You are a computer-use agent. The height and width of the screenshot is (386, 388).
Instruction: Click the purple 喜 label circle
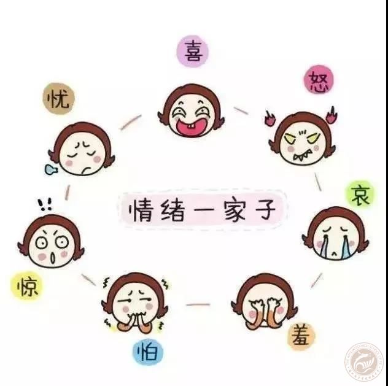[193, 51]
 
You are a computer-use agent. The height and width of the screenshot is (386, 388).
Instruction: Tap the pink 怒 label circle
[319, 80]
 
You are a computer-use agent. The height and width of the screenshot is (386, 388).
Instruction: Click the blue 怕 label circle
[148, 352]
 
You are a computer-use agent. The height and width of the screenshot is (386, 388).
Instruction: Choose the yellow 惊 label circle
[27, 285]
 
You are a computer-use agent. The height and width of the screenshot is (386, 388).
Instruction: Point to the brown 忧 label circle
[58, 98]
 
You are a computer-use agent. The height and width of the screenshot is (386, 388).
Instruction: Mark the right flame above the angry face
[331, 115]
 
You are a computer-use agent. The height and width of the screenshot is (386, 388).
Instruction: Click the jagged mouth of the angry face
[301, 156]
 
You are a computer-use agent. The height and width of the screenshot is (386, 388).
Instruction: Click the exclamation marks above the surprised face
[45, 204]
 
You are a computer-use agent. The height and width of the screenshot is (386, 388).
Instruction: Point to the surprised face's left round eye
[41, 243]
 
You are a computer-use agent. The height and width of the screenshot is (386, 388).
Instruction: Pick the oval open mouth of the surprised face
[53, 258]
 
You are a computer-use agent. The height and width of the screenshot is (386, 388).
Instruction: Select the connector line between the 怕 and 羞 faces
[198, 304]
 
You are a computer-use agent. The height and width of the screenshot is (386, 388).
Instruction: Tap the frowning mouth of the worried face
[87, 169]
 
